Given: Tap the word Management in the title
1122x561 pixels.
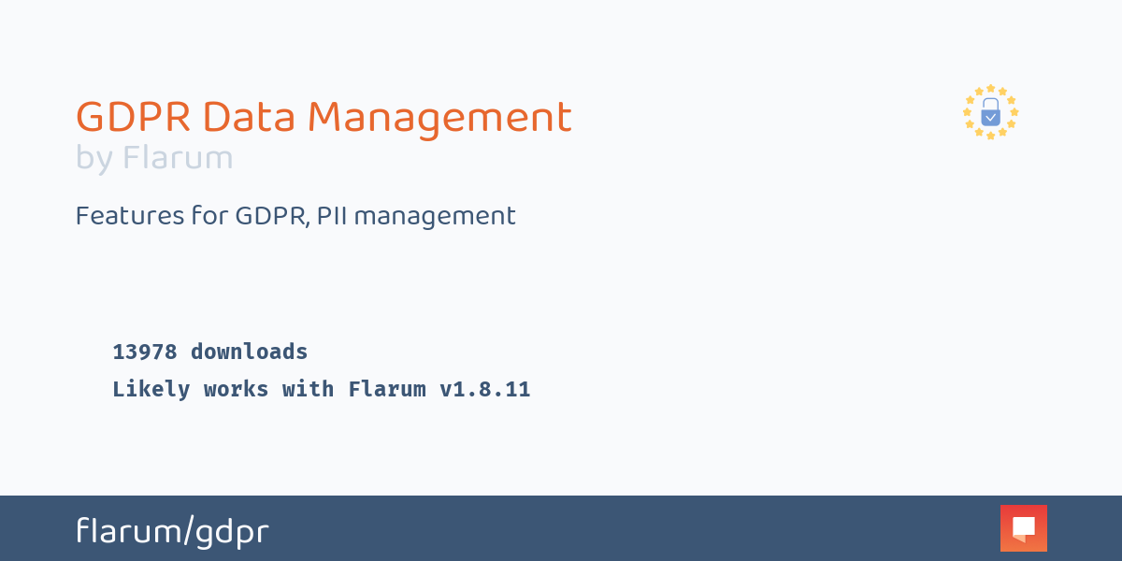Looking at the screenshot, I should [x=439, y=118].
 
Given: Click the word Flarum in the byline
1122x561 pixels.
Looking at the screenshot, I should [x=178, y=159].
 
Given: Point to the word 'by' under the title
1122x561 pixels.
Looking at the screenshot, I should [x=93, y=159].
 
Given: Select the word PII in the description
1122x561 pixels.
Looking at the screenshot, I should [x=332, y=216].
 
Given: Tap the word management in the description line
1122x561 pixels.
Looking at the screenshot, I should [x=435, y=216].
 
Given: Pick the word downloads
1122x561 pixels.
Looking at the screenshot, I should [x=249, y=352].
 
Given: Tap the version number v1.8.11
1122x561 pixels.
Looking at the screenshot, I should [x=484, y=389].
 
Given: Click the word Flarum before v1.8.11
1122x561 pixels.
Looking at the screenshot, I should [x=387, y=389].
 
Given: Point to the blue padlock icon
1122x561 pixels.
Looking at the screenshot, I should [x=990, y=113].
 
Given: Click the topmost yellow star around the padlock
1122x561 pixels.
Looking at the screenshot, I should [x=990, y=89].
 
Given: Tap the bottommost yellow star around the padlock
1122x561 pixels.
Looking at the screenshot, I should [x=990, y=137].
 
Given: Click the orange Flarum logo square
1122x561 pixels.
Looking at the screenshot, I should [x=1023, y=528].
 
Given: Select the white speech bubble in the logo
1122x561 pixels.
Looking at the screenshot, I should [x=1024, y=527].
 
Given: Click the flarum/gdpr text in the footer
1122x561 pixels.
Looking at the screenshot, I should [x=172, y=531].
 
